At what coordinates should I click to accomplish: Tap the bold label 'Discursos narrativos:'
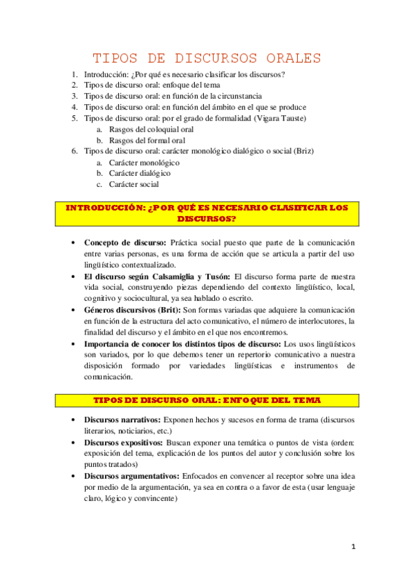click(x=122, y=419)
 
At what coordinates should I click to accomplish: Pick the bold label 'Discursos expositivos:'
click(x=124, y=442)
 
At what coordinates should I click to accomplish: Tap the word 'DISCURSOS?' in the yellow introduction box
click(x=207, y=219)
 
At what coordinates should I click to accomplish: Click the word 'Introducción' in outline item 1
click(x=105, y=74)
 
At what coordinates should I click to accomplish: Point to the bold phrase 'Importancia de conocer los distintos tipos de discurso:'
click(x=183, y=344)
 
